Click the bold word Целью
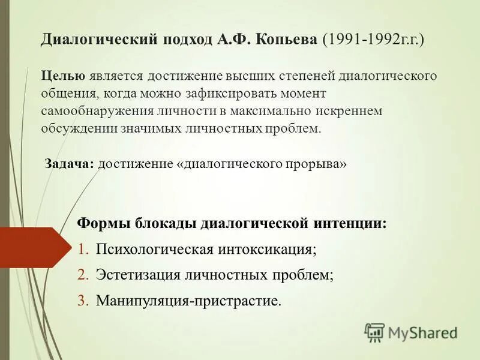(x=64, y=76)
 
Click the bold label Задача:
(x=70, y=164)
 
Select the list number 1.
(x=83, y=249)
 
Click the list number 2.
(x=83, y=275)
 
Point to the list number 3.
(x=83, y=301)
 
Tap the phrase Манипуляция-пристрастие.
(x=188, y=301)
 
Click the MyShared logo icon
(x=375, y=332)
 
